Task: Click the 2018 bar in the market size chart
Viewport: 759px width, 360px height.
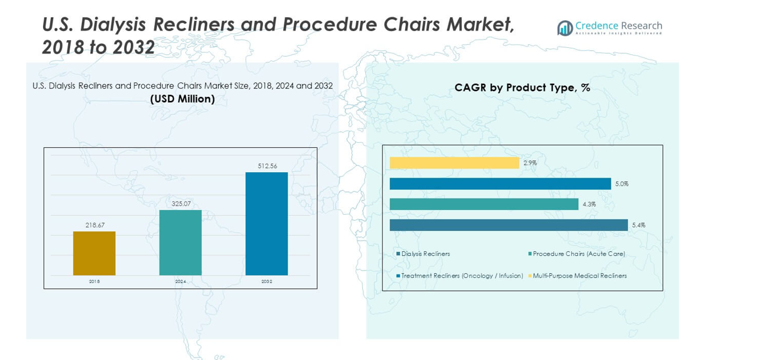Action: click(94, 253)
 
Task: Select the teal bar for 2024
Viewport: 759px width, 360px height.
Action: click(180, 242)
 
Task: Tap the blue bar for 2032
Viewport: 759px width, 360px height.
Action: click(267, 224)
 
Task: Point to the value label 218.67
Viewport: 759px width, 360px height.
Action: click(94, 225)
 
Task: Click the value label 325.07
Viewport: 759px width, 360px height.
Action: click(180, 203)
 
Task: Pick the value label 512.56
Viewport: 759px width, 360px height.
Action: click(267, 166)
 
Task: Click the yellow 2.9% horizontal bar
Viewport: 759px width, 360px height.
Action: click(454, 163)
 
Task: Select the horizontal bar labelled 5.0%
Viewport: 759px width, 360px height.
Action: click(500, 184)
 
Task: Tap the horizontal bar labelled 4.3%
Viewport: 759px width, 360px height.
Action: click(484, 204)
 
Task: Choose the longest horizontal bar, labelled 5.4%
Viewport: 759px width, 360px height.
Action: click(509, 225)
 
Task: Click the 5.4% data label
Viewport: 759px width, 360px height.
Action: click(638, 225)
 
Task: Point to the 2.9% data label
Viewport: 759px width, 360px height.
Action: click(530, 163)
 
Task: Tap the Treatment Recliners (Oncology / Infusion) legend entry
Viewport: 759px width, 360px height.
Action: click(462, 276)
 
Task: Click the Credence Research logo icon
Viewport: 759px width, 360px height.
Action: click(565, 28)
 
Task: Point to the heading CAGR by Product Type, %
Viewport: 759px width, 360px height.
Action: click(522, 87)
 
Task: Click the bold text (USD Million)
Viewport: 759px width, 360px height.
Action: click(182, 99)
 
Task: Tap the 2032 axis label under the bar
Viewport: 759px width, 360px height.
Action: click(267, 281)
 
